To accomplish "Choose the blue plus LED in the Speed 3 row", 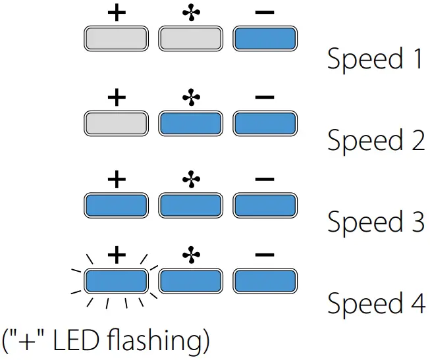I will [115, 205].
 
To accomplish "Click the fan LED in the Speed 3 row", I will [190, 205].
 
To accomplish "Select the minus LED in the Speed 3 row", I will [264, 205].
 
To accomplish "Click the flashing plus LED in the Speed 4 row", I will [115, 281].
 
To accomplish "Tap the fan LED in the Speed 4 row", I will [190, 281].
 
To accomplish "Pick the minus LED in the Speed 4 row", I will [264, 281].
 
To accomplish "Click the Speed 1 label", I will [375, 59].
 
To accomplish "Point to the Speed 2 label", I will [375, 141].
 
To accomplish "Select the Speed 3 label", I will [375, 222].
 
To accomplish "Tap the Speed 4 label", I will [375, 303].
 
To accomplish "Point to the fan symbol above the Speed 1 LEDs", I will [190, 14].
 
